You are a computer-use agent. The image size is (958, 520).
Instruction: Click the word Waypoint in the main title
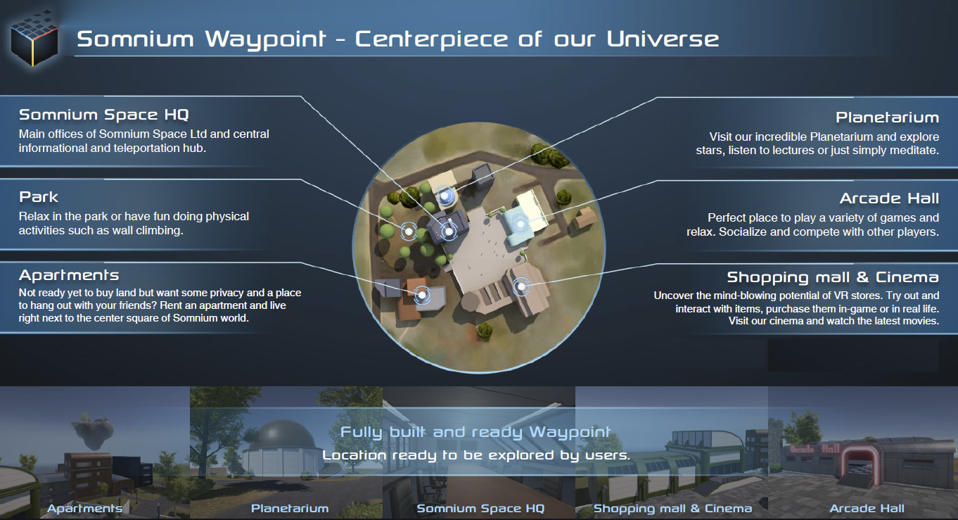click(x=266, y=40)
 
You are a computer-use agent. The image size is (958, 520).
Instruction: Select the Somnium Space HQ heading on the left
click(x=104, y=115)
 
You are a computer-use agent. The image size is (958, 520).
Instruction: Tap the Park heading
click(x=39, y=197)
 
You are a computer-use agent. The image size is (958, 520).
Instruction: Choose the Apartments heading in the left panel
click(x=69, y=275)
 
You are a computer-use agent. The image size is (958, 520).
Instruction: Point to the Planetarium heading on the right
click(x=888, y=118)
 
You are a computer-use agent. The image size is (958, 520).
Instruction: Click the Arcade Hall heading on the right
click(x=890, y=198)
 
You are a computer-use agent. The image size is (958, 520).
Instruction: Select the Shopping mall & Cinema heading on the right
click(x=833, y=277)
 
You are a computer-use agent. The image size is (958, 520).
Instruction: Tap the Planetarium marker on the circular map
click(x=446, y=196)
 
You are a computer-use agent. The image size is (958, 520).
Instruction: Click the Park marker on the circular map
click(x=409, y=232)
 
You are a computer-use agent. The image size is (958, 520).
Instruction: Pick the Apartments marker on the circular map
click(x=422, y=295)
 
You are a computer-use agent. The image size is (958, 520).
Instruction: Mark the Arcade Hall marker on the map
click(x=520, y=223)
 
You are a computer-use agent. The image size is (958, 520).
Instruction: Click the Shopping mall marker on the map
click(x=521, y=286)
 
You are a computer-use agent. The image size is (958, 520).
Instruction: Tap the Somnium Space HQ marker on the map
click(x=449, y=232)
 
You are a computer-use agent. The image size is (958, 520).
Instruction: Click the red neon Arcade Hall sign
click(x=815, y=449)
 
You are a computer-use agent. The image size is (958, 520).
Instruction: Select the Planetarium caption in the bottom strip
click(x=290, y=509)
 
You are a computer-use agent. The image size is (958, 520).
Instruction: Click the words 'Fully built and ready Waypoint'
click(x=475, y=432)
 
